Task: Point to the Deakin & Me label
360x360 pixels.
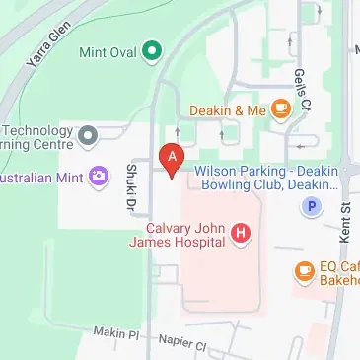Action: coord(228,110)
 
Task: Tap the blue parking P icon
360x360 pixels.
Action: coord(312,207)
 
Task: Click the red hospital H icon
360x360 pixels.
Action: coord(240,234)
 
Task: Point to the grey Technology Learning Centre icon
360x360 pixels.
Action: coord(88,132)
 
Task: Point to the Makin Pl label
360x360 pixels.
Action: coord(116,334)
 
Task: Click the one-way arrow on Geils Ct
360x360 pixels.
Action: coord(293,44)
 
